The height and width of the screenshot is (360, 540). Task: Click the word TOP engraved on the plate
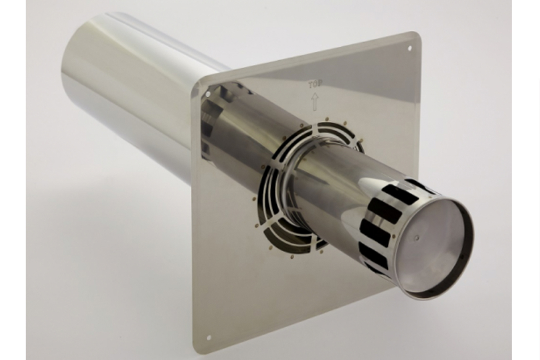coord(315,84)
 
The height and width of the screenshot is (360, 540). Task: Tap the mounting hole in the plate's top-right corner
coord(409,48)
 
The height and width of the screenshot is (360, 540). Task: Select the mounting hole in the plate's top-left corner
coord(208,94)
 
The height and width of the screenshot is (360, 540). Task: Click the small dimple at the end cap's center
coord(417,238)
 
